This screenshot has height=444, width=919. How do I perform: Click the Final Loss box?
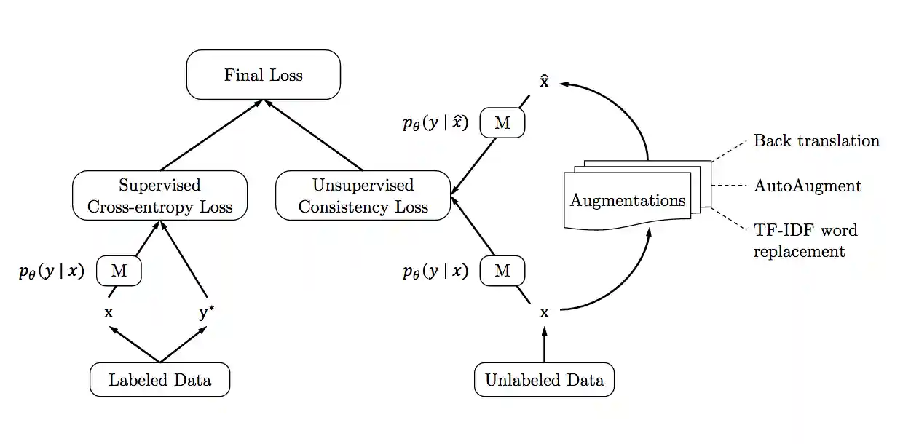[x=264, y=75]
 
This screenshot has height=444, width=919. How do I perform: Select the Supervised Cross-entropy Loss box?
[x=160, y=196]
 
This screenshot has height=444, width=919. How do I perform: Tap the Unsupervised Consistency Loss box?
[x=363, y=196]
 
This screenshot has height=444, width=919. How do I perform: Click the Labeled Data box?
[x=159, y=380]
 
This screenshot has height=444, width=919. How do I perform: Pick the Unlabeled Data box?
[x=544, y=380]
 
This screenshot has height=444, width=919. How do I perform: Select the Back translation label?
[x=816, y=140]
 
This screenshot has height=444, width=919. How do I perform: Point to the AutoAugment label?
[x=808, y=186]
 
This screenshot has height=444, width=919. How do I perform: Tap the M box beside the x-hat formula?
[x=502, y=124]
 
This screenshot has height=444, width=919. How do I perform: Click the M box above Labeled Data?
[x=119, y=271]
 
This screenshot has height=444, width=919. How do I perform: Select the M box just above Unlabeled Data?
[x=502, y=271]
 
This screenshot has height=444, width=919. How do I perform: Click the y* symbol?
[x=206, y=313]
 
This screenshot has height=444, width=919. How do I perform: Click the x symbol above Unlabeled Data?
[x=544, y=313]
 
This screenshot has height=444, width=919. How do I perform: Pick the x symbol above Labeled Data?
[x=109, y=313]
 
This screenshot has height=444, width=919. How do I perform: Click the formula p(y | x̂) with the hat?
[x=435, y=124]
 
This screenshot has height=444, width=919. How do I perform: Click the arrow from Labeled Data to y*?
[x=184, y=344]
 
